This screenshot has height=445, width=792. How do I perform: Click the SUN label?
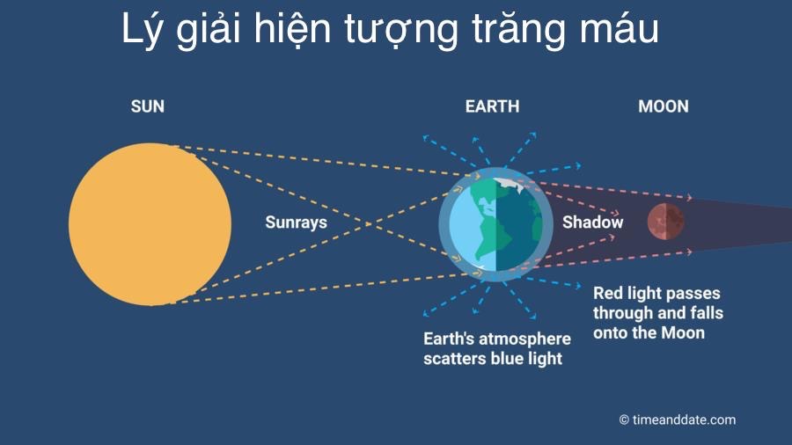148,106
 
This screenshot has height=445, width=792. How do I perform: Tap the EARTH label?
492,106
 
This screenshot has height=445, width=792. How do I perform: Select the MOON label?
664,106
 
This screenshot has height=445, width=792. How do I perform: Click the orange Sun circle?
150,224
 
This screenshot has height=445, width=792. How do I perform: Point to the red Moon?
666,221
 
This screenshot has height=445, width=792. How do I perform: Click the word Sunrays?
296,222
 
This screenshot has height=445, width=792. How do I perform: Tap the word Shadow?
592,222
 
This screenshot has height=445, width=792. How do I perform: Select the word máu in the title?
620,28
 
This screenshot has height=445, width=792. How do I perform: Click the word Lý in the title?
143,30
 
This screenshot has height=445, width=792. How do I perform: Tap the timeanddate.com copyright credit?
678,419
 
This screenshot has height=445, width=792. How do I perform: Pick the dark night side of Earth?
517,225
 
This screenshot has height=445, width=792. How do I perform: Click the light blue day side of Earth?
473,225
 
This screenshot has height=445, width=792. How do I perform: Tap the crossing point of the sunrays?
368,223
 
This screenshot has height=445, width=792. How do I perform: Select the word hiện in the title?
292,30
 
